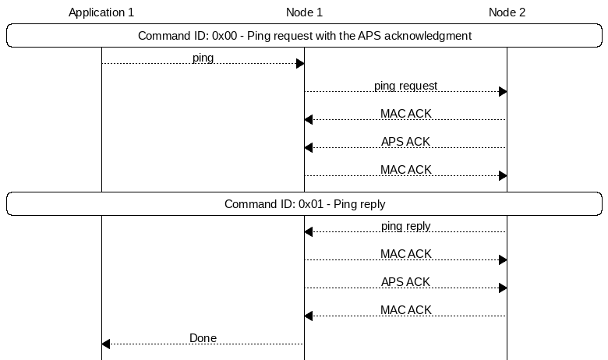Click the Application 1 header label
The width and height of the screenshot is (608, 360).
(101, 12)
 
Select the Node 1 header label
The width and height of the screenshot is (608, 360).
(304, 12)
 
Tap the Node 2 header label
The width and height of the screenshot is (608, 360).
(507, 12)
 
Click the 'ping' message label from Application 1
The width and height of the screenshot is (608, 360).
(203, 58)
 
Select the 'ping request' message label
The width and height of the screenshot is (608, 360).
(405, 86)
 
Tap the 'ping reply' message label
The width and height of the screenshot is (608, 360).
(405, 226)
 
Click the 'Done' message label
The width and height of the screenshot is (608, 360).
(203, 338)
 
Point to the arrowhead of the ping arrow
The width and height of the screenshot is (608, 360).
(299, 64)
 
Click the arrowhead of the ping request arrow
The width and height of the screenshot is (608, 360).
(502, 92)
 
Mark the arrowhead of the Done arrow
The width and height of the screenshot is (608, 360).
(106, 344)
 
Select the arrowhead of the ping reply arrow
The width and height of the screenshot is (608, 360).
(309, 232)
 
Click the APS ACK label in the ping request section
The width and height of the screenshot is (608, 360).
(405, 142)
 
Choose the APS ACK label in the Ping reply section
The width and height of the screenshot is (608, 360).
(405, 282)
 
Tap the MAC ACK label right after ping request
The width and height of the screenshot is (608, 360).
(405, 114)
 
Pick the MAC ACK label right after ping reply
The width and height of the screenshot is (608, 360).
(405, 254)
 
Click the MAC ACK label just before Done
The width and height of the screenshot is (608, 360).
(405, 310)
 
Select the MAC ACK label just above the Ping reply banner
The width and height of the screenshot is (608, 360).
(405, 170)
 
